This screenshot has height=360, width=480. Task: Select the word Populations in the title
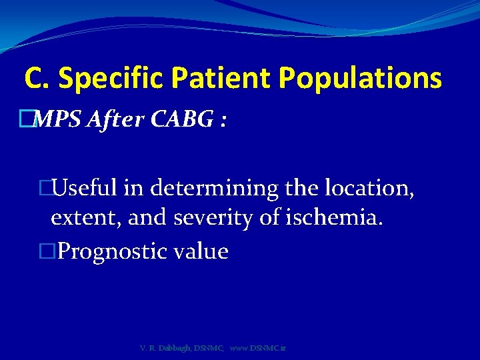pyautogui.click(x=361, y=79)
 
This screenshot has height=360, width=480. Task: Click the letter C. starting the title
pyautogui.click(x=37, y=79)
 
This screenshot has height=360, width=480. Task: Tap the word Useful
pyautogui.click(x=86, y=189)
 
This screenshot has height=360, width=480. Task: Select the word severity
pyautogui.click(x=216, y=218)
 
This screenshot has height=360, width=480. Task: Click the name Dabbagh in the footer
pyautogui.click(x=175, y=349)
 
